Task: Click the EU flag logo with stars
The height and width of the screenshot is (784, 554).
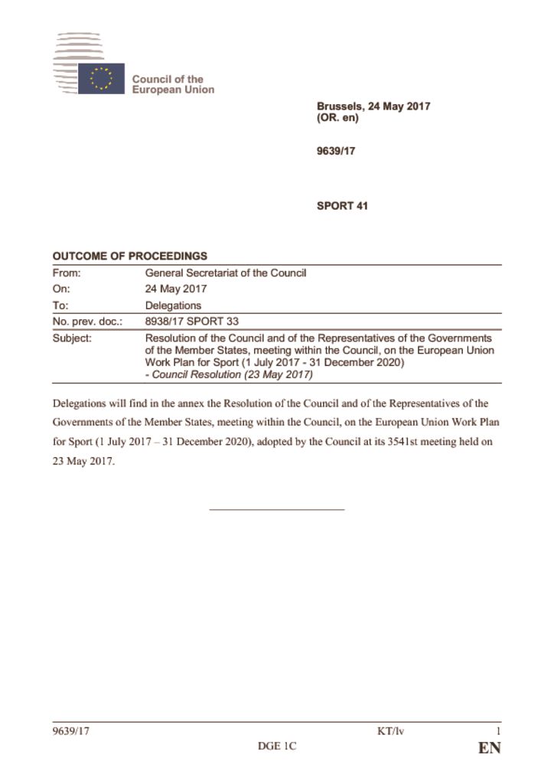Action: (x=100, y=78)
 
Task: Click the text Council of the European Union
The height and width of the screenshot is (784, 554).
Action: (x=173, y=84)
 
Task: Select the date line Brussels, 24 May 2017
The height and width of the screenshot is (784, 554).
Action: (x=373, y=106)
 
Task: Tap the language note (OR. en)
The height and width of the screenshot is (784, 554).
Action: (x=337, y=119)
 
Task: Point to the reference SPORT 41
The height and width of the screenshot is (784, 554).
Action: (x=342, y=206)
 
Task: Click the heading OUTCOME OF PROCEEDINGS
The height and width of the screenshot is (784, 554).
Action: (x=129, y=256)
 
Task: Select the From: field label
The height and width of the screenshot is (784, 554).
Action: (x=67, y=273)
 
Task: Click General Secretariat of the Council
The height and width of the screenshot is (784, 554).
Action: (x=226, y=273)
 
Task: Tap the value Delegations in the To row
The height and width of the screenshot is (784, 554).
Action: (x=174, y=305)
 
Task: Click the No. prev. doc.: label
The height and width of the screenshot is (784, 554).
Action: (x=86, y=322)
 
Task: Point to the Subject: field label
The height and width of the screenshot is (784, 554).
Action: (x=72, y=338)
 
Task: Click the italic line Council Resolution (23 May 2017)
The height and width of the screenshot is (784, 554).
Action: (x=229, y=374)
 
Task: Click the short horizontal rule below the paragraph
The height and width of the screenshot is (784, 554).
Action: (x=276, y=509)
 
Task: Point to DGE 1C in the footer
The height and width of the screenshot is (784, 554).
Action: (x=276, y=747)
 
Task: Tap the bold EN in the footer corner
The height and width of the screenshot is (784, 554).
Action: (x=489, y=749)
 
